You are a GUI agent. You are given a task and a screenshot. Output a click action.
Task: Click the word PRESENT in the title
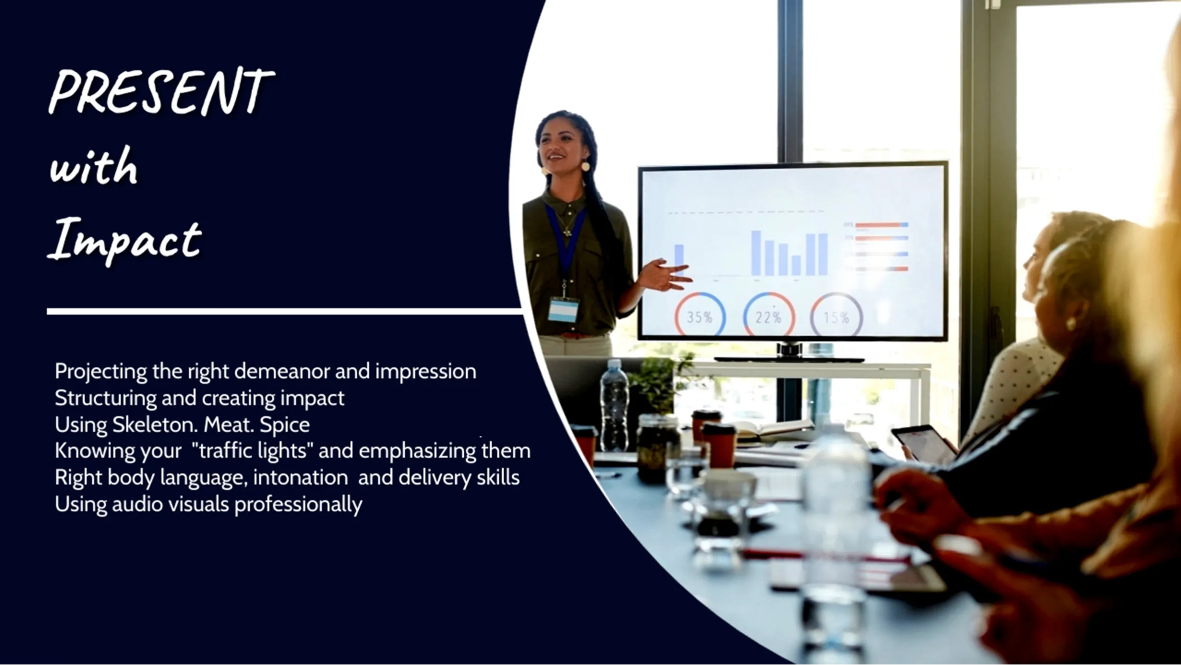tap(161, 92)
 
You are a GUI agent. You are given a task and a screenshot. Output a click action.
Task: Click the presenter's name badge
tap(563, 310)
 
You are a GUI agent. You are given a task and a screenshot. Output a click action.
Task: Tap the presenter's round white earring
tap(586, 166)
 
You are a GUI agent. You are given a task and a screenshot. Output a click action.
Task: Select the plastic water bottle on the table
tap(614, 405)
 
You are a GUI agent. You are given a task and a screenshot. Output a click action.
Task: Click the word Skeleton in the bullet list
tap(148, 425)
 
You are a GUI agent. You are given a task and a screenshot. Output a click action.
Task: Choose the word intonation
tap(301, 478)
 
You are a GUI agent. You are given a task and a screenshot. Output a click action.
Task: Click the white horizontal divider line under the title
tap(284, 311)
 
